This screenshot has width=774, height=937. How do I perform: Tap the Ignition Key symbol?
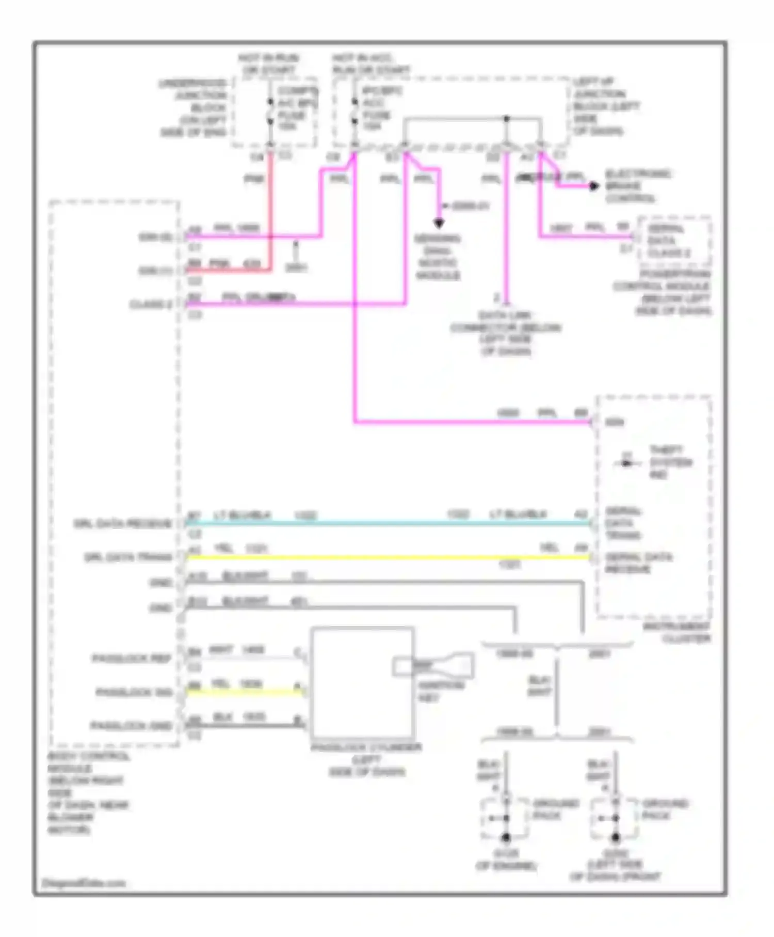coord(433,666)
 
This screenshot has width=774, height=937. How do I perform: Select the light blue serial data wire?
coord(387,523)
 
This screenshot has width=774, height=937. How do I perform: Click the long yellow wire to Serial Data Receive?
coord(387,557)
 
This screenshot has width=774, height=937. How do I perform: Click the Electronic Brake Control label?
coord(638,186)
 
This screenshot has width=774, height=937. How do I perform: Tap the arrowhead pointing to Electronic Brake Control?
coord(594,186)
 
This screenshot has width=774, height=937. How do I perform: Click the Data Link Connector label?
coord(506,333)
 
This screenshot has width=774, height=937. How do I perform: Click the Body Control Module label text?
coord(88,793)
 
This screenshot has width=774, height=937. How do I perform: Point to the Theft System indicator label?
coord(670,462)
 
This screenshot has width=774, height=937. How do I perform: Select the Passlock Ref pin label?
coord(132,659)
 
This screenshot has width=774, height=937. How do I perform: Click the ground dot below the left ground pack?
coord(506,837)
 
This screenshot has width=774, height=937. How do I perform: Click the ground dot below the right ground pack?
coord(615,837)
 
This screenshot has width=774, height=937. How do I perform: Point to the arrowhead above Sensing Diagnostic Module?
coord(439,224)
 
